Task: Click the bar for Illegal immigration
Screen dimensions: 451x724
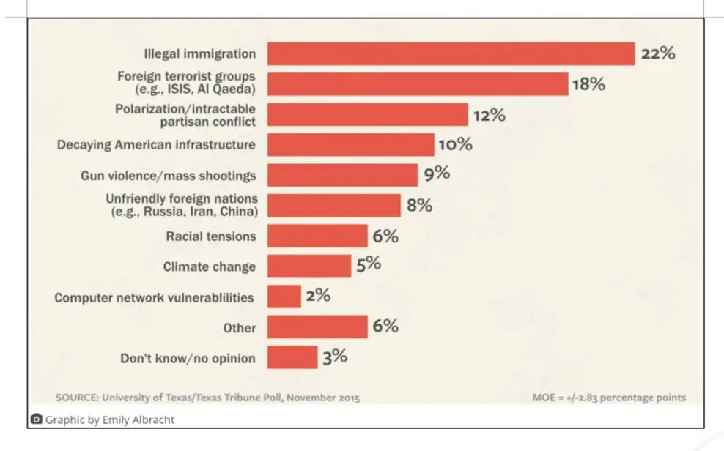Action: click(x=451, y=53)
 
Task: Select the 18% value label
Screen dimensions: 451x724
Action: click(x=588, y=84)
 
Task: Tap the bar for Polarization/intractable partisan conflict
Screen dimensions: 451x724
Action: click(x=367, y=114)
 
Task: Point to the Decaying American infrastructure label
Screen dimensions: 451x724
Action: click(x=156, y=144)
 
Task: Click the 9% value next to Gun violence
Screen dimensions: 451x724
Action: click(x=436, y=174)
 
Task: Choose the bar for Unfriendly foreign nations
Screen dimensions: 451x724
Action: click(x=333, y=205)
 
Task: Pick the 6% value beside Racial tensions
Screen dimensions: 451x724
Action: click(x=385, y=236)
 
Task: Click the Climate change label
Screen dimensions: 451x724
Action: click(x=209, y=266)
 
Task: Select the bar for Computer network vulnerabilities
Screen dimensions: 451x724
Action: click(x=284, y=297)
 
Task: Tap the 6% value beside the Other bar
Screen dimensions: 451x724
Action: click(x=385, y=327)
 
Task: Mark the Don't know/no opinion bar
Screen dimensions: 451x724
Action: click(x=292, y=357)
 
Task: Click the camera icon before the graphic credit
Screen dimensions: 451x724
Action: click(x=36, y=420)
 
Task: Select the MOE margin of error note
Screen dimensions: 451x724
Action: click(x=609, y=398)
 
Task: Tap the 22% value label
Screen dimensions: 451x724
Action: click(x=657, y=53)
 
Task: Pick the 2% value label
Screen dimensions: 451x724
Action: click(x=318, y=296)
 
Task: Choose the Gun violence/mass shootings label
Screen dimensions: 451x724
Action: click(x=168, y=175)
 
